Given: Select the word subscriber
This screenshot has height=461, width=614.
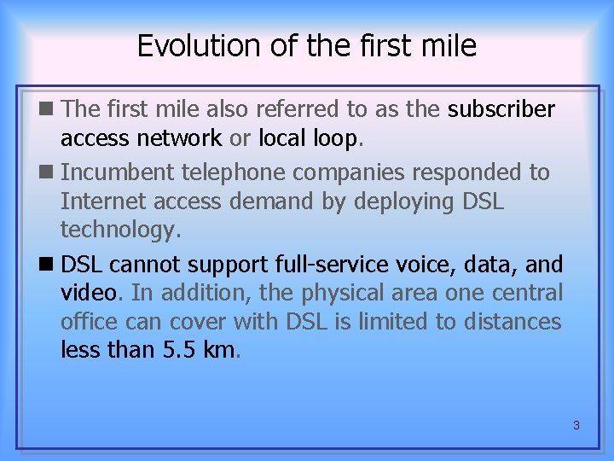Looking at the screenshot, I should point(501,110).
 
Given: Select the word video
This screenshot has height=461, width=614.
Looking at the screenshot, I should point(88,293).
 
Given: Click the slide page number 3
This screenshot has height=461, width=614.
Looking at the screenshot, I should point(576,424).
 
